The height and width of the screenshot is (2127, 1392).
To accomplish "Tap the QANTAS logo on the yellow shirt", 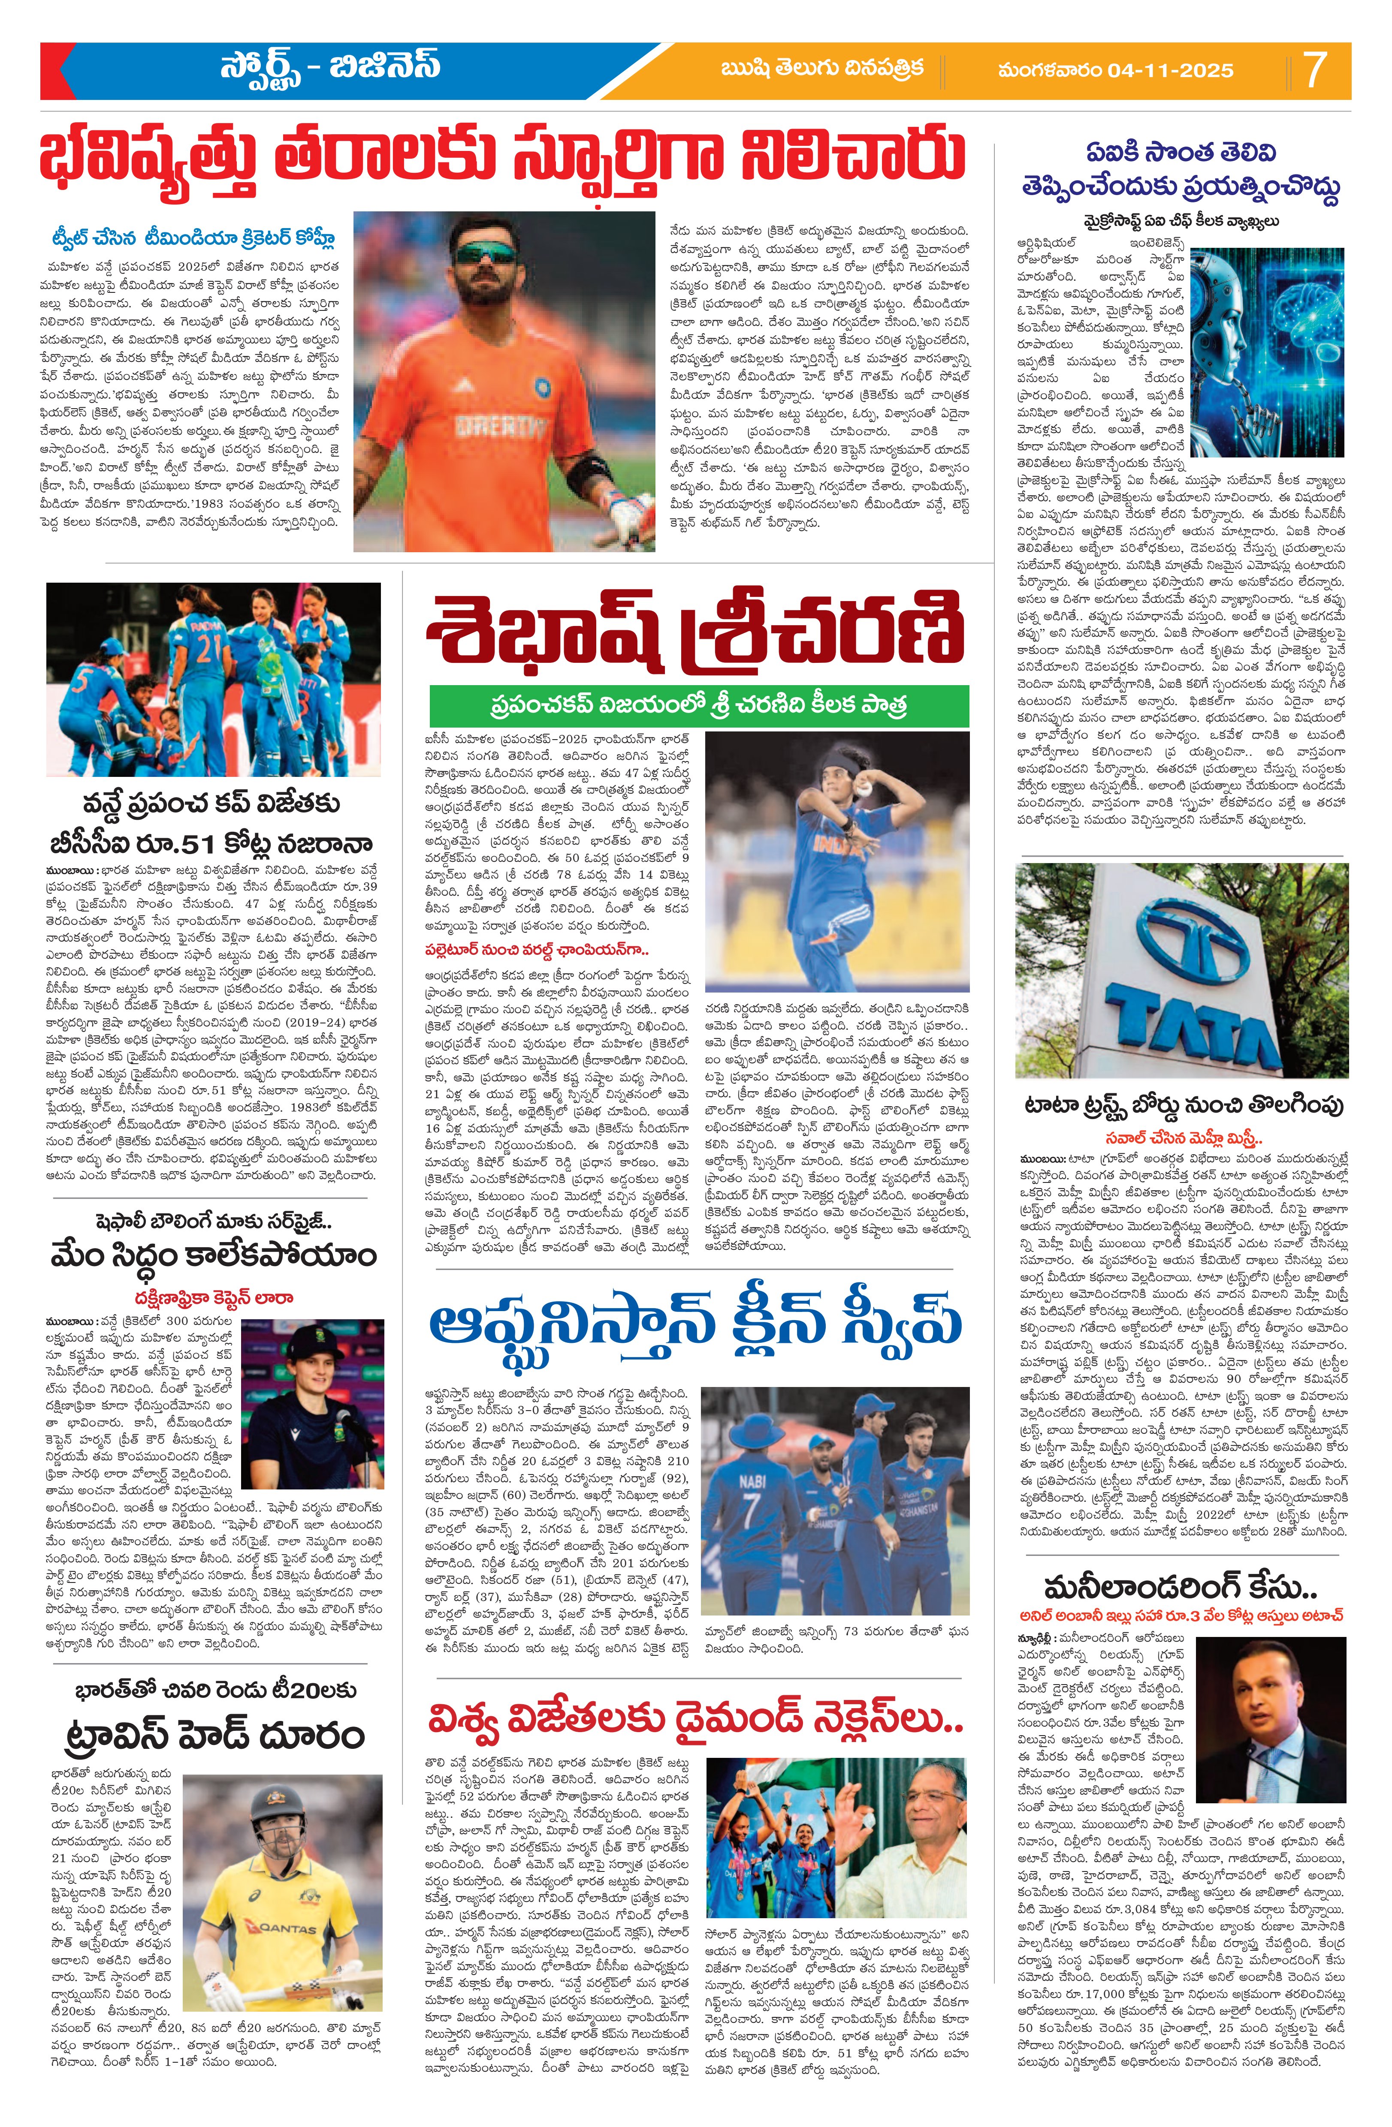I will point(288,1922).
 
